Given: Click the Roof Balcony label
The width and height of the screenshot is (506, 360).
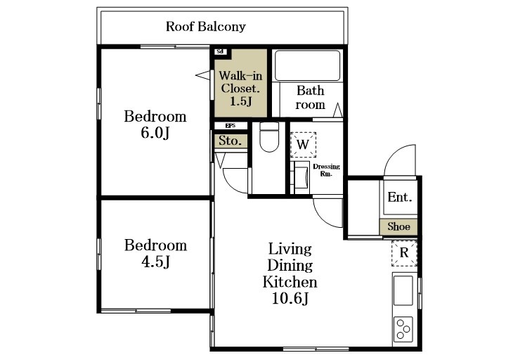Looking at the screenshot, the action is pos(205,27).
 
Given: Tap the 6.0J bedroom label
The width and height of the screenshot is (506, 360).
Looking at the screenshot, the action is pos(155,124).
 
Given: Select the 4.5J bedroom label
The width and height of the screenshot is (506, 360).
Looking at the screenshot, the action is pos(155,253).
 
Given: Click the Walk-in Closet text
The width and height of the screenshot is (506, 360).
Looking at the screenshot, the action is pos(240,82).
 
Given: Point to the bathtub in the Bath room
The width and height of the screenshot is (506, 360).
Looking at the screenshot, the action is pos(307,65).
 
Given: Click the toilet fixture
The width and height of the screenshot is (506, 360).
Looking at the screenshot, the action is pos(269,137).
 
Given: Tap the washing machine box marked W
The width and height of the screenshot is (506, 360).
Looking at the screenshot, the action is pos(303,145).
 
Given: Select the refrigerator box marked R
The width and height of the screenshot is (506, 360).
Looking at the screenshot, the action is pos(404,253).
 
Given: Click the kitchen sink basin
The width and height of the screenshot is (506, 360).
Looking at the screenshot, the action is pos(403,290).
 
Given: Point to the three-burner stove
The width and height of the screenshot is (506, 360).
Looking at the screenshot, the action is pos(403,329).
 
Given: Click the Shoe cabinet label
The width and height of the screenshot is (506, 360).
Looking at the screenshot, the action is pos(399,226).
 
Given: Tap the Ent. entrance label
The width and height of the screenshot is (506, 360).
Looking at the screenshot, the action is pos(400,197).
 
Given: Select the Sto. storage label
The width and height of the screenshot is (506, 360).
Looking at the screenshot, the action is pos(230,141).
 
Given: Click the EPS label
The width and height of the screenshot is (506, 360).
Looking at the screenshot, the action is pos(230,126).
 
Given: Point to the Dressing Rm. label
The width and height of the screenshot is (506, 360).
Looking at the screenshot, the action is pos(326,170).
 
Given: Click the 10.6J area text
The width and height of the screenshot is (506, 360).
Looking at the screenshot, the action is pos(290,298).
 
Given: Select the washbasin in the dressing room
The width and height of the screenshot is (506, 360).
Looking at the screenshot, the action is pos(301,178).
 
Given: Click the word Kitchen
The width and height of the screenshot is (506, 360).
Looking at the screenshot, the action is pos(290,282).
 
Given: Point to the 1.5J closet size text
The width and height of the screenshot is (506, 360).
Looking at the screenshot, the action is pos(241,101).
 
